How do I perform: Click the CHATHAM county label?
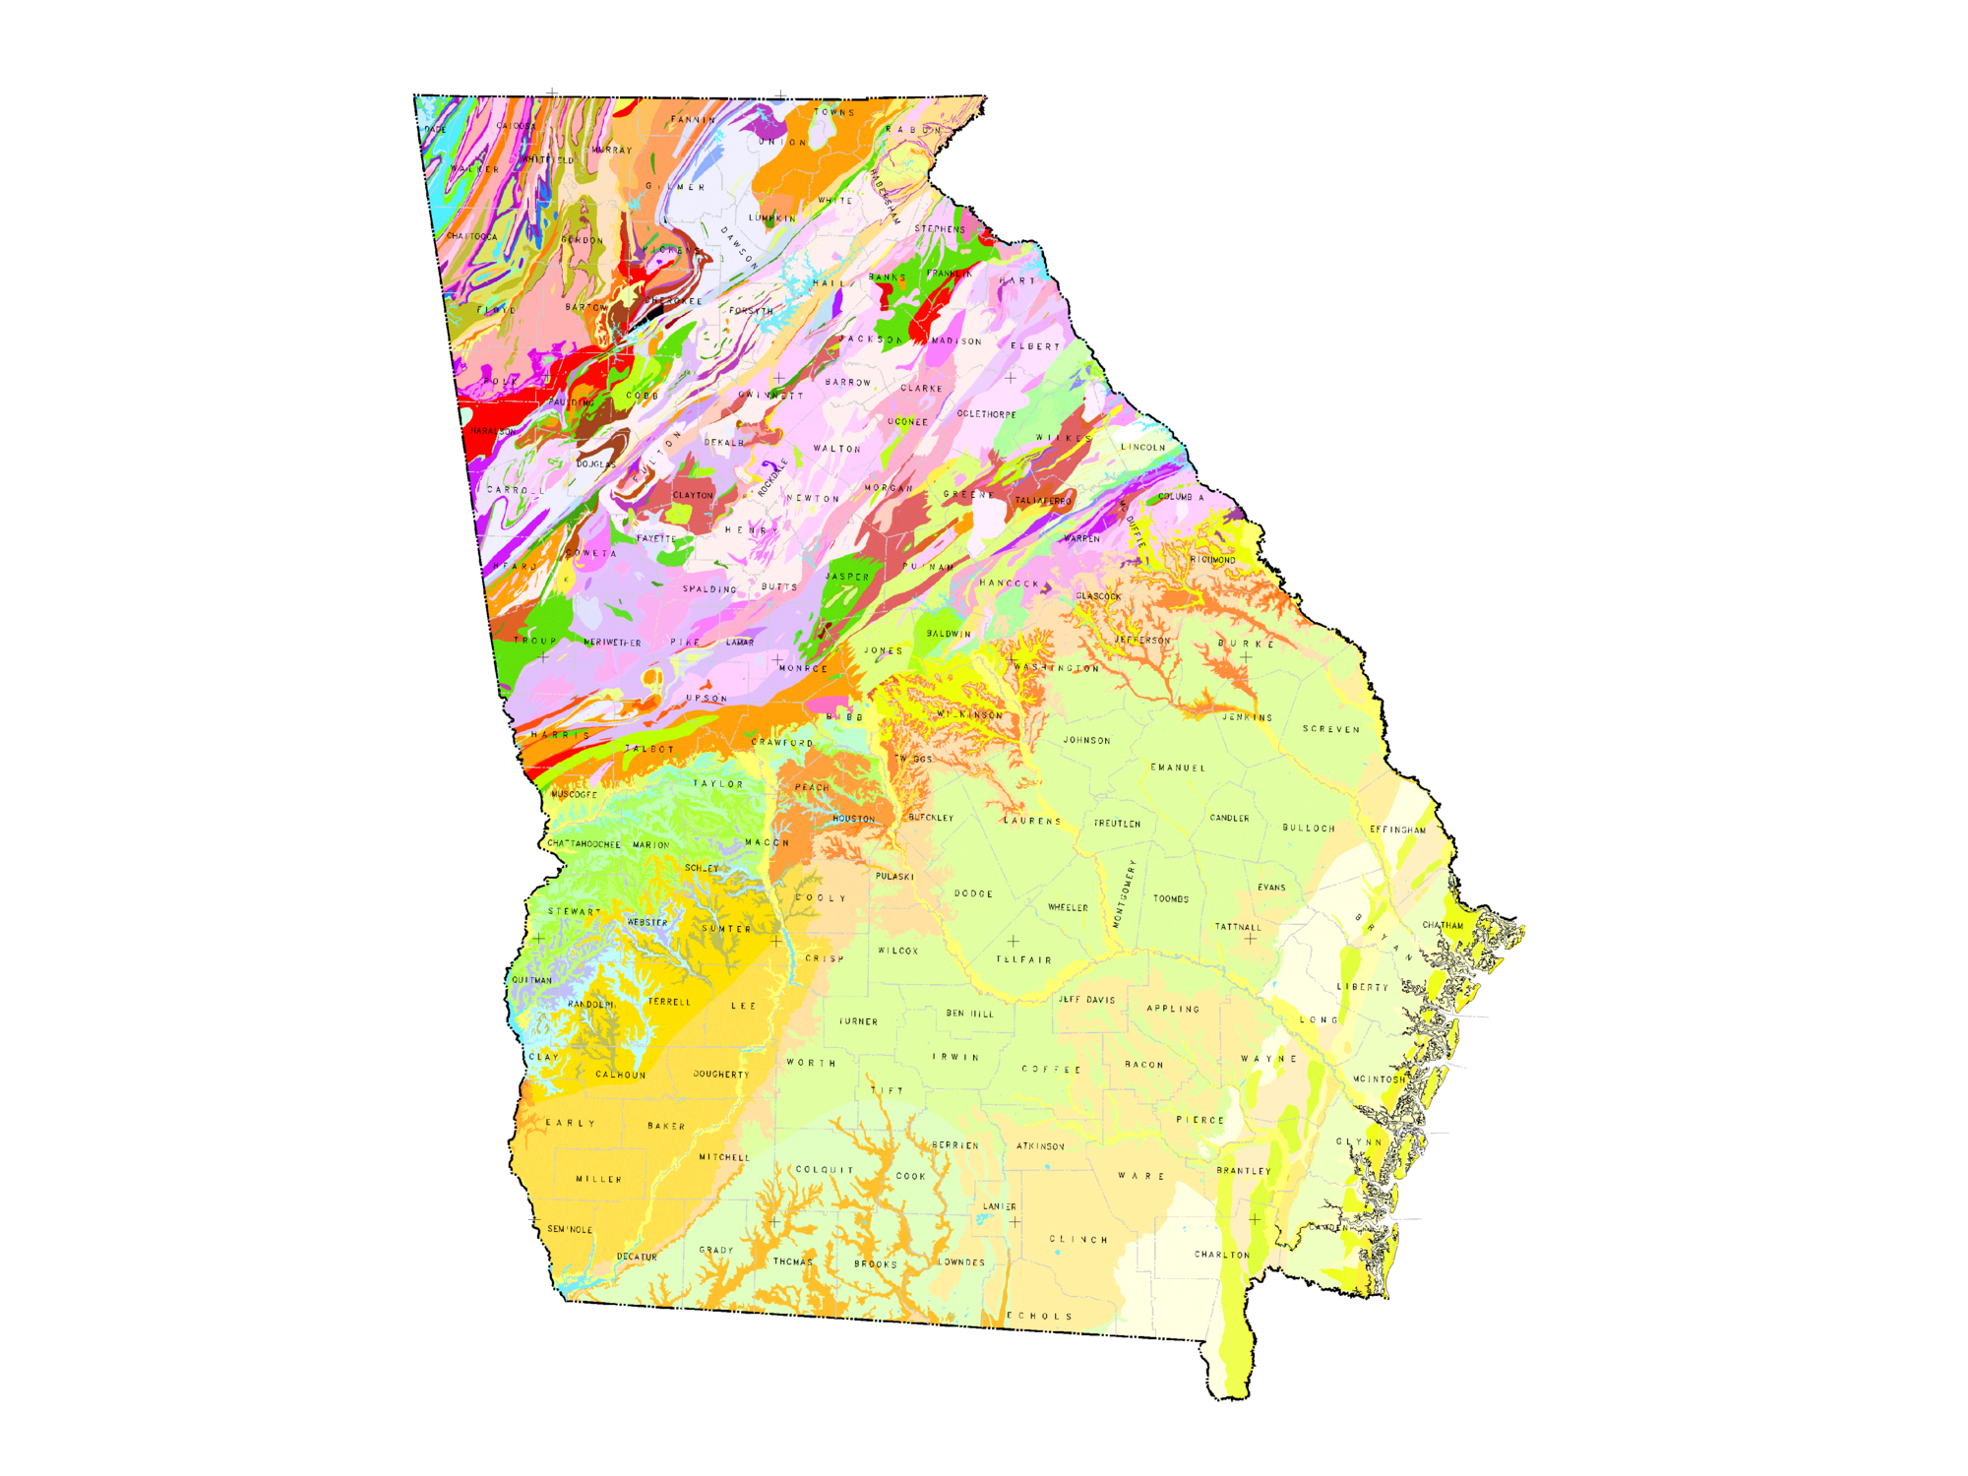point(1443,925)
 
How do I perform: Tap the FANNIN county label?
point(694,120)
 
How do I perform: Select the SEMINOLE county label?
point(570,1229)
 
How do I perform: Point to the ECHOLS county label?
point(1039,1316)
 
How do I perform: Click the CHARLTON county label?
point(1222,1255)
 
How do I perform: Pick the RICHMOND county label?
point(1212,560)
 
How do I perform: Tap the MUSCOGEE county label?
point(574,794)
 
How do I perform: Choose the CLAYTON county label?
point(693,495)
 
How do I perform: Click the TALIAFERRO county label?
point(1043,501)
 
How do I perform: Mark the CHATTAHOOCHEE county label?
point(584,844)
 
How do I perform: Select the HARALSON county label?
point(493,431)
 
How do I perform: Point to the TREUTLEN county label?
point(1117,824)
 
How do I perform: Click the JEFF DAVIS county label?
point(1086,1000)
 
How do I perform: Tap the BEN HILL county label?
point(969,1014)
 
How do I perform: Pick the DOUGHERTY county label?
point(721,1075)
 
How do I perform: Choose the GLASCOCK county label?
point(1098,596)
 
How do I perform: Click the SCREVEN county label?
point(1331,729)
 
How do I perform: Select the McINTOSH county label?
point(1379,1079)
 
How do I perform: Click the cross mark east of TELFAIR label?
point(1250,939)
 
